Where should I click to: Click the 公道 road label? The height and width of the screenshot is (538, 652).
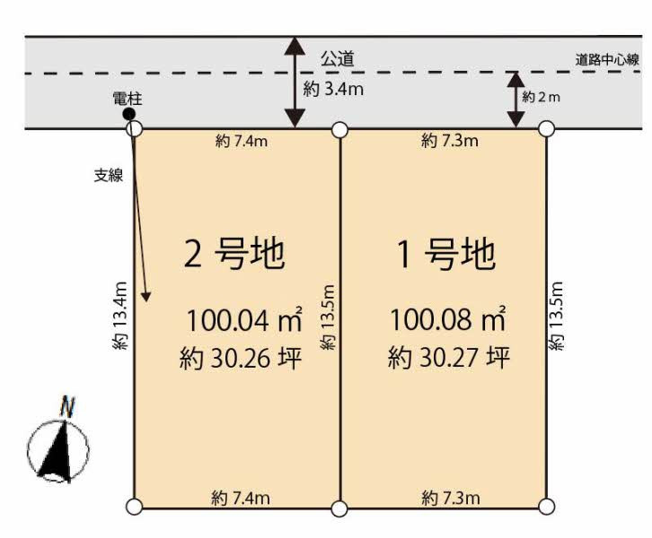point(338,58)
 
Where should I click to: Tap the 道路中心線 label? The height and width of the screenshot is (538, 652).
point(607,60)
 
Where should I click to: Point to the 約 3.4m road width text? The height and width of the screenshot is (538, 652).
point(333,89)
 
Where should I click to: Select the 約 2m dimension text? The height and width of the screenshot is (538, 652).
point(541,97)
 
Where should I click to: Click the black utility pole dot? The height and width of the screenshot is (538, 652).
point(129,113)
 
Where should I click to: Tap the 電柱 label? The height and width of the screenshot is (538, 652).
point(128,99)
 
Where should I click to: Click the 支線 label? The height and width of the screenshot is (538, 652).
point(109,176)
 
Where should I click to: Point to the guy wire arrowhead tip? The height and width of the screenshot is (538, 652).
point(146,301)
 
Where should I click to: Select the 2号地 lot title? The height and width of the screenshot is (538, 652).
point(234,254)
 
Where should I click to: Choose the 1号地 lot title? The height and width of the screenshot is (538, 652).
point(446,254)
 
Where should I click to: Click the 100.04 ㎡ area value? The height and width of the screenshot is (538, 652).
point(244,319)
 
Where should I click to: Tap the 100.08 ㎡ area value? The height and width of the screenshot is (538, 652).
point(448,318)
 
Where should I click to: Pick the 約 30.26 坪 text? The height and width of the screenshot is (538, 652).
point(241,359)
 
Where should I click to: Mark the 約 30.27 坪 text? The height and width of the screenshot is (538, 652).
point(449,358)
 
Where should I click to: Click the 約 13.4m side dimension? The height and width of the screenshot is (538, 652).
point(119,316)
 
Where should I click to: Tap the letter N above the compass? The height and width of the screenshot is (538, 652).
point(67,407)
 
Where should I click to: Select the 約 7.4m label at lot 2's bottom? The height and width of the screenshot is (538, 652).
point(241,498)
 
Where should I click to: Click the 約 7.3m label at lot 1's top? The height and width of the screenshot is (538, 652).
point(450,141)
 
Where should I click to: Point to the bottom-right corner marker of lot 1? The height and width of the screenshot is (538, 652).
point(546,507)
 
